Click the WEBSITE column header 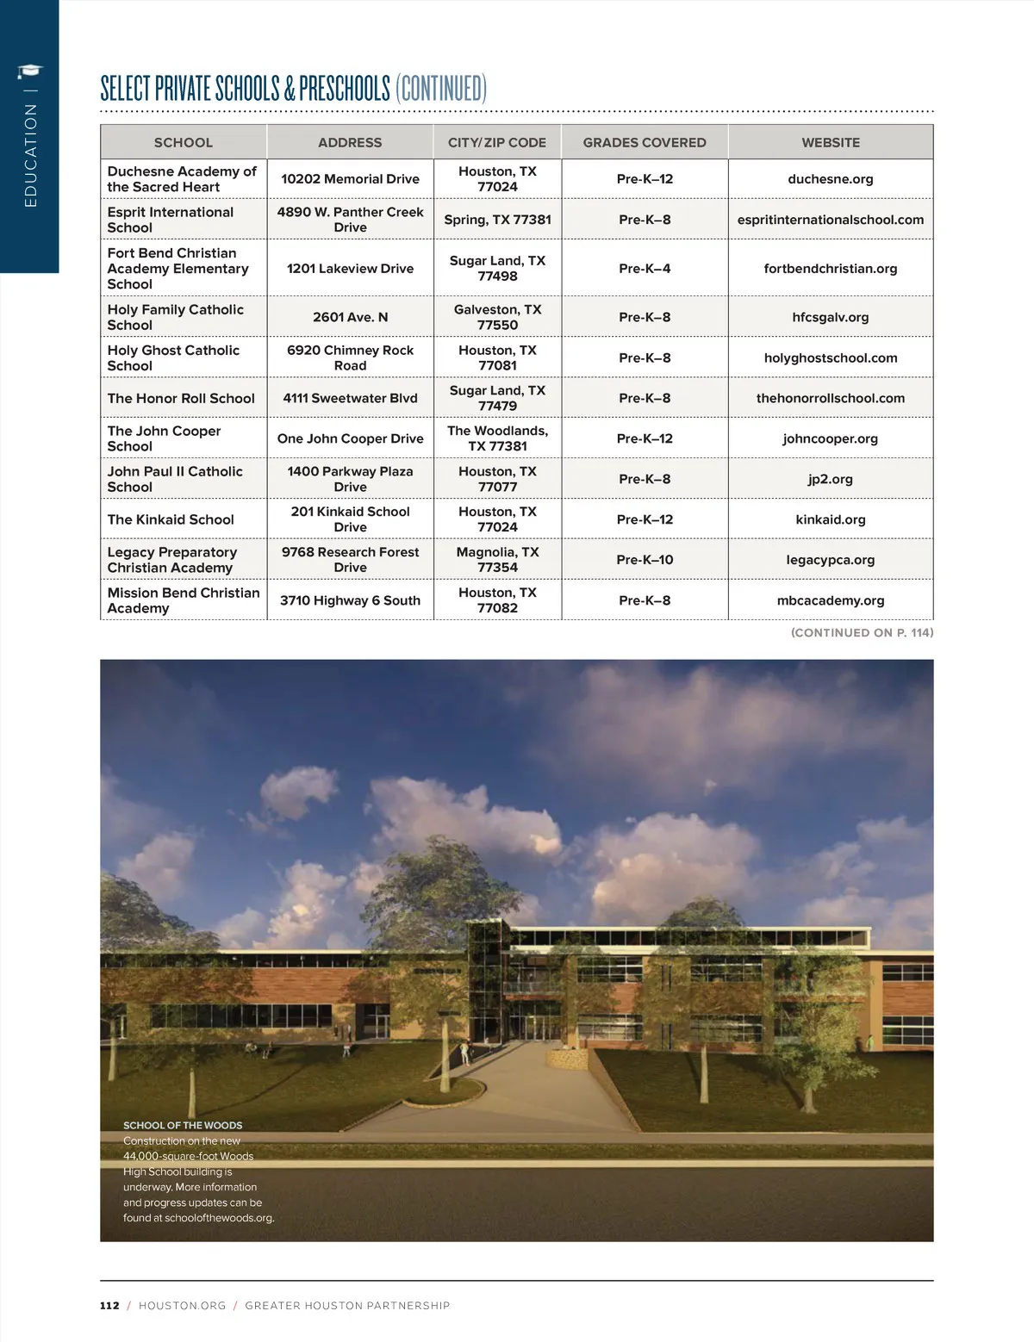(831, 142)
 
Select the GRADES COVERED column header (645, 142)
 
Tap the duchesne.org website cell (831, 179)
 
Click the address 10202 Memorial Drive (350, 179)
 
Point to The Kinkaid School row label (171, 519)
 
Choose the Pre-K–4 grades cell (645, 269)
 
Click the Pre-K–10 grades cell (645, 560)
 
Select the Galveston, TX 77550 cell (497, 317)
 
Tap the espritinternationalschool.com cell (831, 220)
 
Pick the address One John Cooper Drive (350, 438)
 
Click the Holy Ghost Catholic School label (173, 357)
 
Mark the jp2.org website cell (831, 479)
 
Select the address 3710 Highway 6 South (350, 600)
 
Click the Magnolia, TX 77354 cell (497, 560)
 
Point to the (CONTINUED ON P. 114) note (862, 632)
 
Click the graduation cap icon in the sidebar (30, 71)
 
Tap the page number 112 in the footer (109, 1306)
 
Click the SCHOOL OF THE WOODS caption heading (183, 1125)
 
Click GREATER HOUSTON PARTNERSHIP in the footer (347, 1306)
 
